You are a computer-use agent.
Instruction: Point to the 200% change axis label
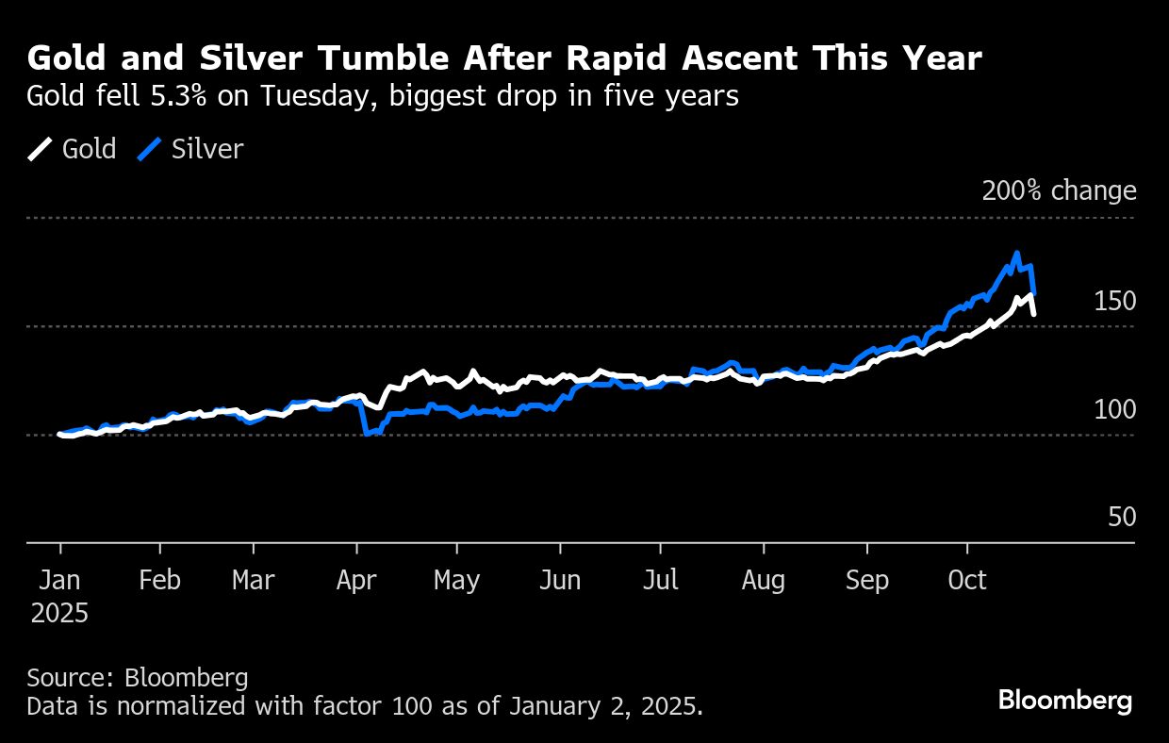point(1059,191)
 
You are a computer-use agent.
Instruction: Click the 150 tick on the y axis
point(1114,302)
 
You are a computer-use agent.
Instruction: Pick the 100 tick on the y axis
point(1114,410)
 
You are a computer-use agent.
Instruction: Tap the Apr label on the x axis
point(357,580)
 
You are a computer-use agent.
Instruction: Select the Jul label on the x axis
point(660,580)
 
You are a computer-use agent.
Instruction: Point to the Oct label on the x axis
point(967,580)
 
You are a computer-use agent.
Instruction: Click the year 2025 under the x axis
point(60,614)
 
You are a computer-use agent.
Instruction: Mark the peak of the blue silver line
point(1016,253)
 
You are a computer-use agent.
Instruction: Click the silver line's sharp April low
point(366,434)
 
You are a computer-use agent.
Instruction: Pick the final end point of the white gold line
point(1034,313)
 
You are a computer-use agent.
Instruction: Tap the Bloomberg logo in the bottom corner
point(1064,701)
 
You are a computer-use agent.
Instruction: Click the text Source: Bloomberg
point(138,678)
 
